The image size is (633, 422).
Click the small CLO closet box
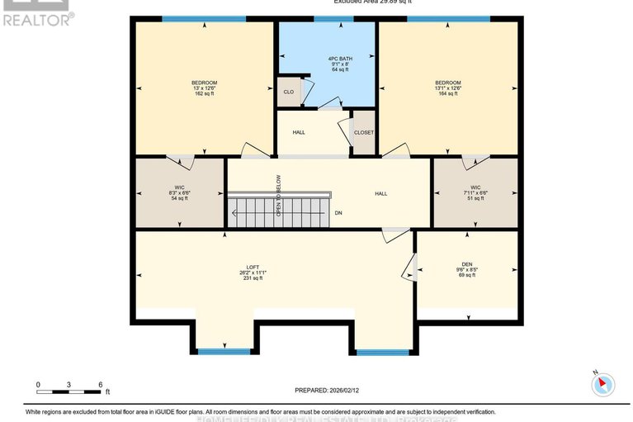coord(288,92)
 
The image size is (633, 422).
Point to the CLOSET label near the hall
coord(363,132)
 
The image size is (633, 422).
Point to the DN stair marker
coord(338,213)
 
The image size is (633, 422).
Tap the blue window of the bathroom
coord(327,19)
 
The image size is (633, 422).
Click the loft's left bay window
coord(224,352)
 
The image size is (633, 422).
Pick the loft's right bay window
coord(382,352)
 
